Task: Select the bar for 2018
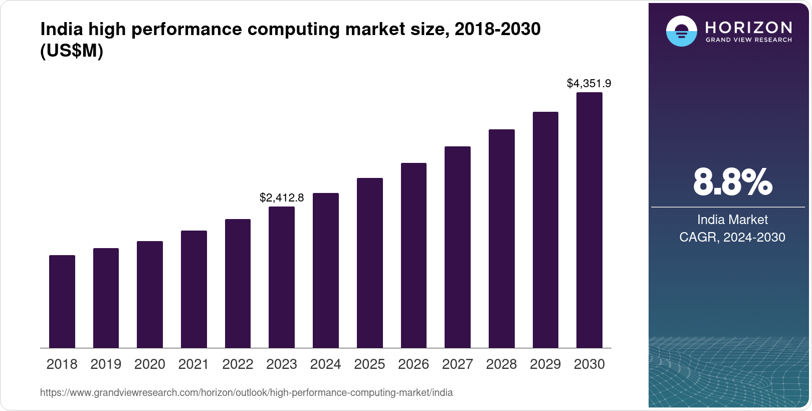click(62, 301)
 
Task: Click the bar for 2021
click(194, 289)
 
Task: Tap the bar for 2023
click(282, 277)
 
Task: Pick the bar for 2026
click(414, 255)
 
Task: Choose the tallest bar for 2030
click(589, 220)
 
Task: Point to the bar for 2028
click(502, 239)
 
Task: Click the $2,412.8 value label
click(282, 197)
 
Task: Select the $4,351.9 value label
click(589, 83)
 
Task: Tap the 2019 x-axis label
click(106, 364)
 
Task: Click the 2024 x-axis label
click(325, 364)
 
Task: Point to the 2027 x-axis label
click(458, 364)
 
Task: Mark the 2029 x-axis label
click(545, 364)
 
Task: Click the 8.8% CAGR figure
click(732, 182)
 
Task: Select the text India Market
click(732, 220)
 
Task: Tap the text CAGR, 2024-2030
click(732, 237)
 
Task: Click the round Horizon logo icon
click(681, 31)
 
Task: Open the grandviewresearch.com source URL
click(246, 392)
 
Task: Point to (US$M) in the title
click(72, 51)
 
